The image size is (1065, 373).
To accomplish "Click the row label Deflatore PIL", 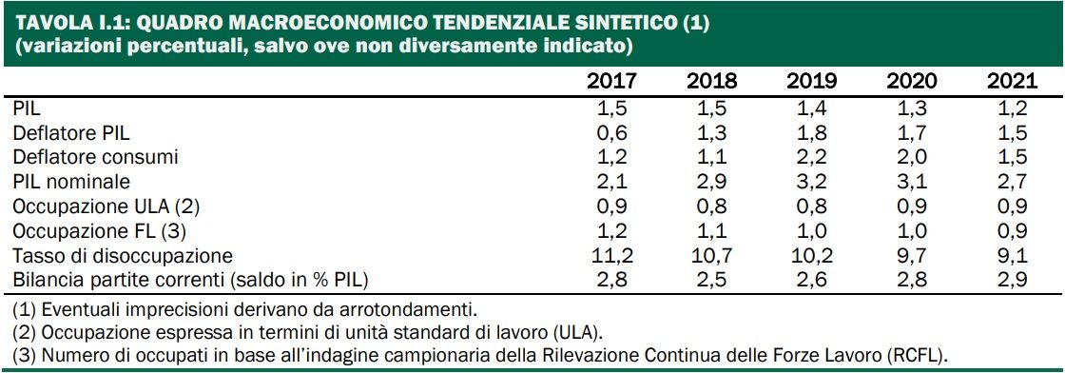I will click(65, 132).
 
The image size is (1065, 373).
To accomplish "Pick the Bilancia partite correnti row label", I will click(189, 281).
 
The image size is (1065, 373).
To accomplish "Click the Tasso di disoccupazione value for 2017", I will click(612, 256).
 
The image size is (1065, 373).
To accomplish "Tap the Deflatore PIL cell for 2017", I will click(612, 132).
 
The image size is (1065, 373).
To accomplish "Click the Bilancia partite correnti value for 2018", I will click(711, 281).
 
